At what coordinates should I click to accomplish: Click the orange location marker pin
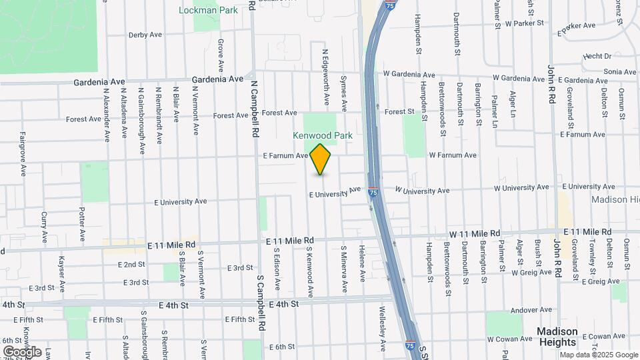tap(321, 159)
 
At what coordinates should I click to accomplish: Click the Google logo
tap(22, 351)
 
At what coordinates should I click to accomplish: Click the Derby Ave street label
tap(145, 35)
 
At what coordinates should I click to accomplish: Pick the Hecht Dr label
tap(597, 57)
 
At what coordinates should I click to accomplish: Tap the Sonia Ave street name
tap(619, 71)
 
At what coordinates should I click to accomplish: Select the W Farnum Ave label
tap(453, 155)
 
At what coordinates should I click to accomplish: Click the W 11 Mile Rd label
tap(474, 234)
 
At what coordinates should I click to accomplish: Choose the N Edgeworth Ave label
tap(326, 77)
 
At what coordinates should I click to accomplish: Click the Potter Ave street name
tap(82, 224)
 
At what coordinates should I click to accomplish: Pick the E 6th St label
tap(282, 347)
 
